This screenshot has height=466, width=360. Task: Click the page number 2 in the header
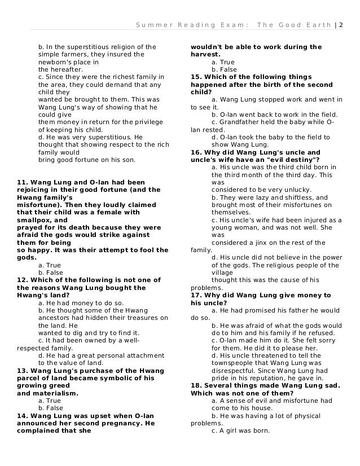(341, 25)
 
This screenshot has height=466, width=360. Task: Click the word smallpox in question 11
(36, 220)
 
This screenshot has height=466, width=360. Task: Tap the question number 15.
(196, 77)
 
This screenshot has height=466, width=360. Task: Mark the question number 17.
(196, 295)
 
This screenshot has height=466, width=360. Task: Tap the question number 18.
(196, 386)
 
